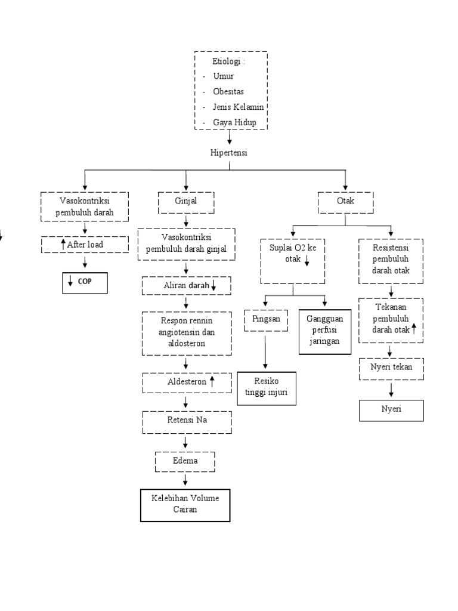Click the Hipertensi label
click(x=228, y=153)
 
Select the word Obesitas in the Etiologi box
click(x=229, y=92)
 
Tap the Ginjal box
click(x=186, y=201)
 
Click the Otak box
click(x=345, y=201)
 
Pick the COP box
click(x=85, y=282)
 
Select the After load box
click(x=85, y=244)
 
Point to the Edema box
click(x=185, y=461)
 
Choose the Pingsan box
click(x=266, y=320)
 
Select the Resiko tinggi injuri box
click(x=266, y=388)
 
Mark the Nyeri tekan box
click(x=391, y=368)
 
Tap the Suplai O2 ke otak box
click(x=291, y=261)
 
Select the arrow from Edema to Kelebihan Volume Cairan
click(x=185, y=480)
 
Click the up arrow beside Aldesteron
click(x=212, y=381)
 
